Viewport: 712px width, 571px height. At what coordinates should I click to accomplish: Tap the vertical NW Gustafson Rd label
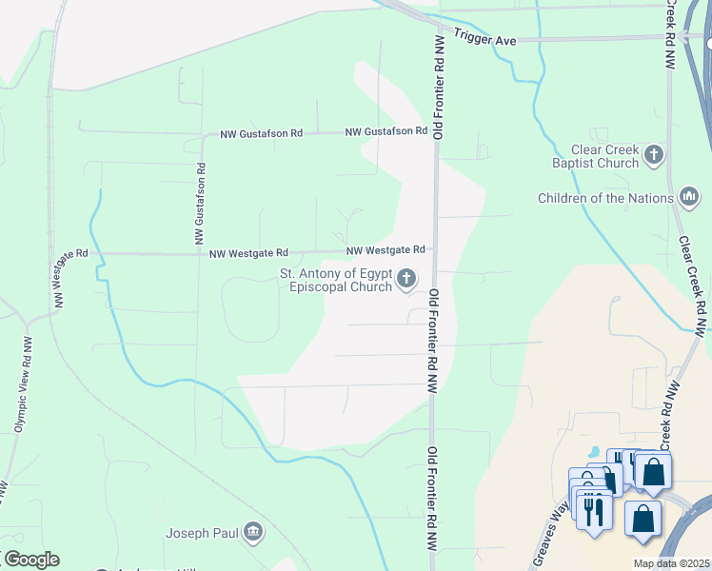[x=201, y=207]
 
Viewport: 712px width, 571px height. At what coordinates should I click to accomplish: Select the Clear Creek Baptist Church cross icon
[x=653, y=154]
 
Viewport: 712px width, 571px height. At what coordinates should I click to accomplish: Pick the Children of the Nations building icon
[x=689, y=198]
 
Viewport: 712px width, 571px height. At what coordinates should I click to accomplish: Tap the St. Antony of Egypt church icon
[x=406, y=279]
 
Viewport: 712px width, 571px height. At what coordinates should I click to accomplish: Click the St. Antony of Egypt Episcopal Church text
[x=336, y=280]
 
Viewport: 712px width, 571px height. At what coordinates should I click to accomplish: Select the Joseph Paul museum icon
[x=253, y=531]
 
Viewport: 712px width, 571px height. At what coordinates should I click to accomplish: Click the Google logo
[x=30, y=560]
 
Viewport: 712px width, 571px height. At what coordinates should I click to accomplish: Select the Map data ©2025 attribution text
[x=671, y=563]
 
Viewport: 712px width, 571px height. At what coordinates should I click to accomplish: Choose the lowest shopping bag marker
[x=643, y=520]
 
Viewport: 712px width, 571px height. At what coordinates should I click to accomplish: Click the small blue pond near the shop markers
[x=594, y=451]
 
